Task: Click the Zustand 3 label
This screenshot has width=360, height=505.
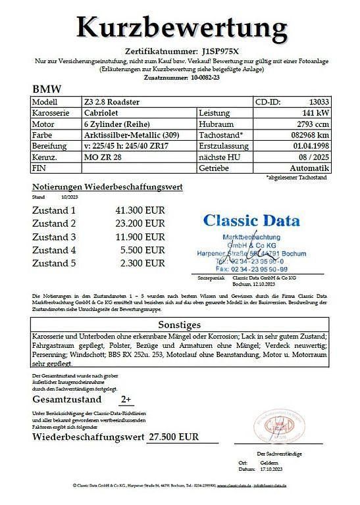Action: (55, 237)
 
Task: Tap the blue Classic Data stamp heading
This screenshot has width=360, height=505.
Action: (251, 220)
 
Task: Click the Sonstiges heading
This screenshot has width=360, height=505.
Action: (180, 324)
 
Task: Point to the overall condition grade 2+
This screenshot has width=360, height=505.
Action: (126, 399)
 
